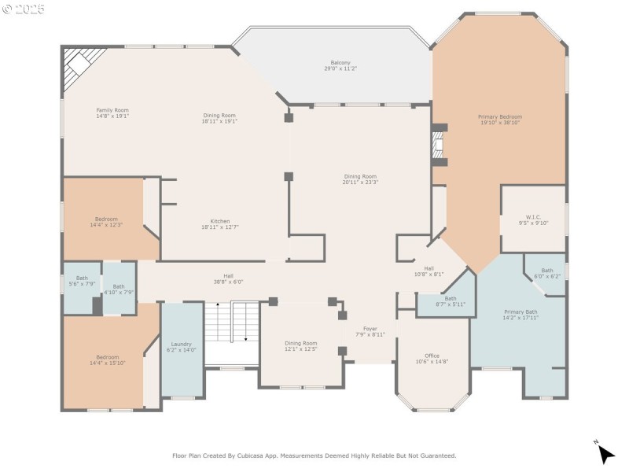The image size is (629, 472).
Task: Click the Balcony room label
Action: [340, 63]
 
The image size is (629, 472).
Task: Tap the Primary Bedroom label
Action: [500, 117]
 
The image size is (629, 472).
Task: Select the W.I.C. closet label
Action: [533, 217]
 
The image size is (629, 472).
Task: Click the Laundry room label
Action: [182, 344]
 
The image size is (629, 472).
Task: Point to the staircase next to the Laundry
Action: [232, 332]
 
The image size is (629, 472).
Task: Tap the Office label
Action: [432, 356]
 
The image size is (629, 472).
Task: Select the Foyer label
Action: [370, 329]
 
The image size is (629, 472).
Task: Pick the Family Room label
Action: [112, 110]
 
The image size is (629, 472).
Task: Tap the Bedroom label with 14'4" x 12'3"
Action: [106, 219]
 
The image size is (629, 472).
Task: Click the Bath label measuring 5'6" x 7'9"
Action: [82, 278]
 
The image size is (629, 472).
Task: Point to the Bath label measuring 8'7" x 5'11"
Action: [451, 299]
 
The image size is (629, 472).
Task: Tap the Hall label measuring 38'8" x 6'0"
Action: [228, 276]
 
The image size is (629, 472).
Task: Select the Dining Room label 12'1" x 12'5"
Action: [300, 343]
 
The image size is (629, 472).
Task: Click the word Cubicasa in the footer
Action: [285, 455]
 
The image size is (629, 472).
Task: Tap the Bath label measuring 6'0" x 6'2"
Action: [547, 271]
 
